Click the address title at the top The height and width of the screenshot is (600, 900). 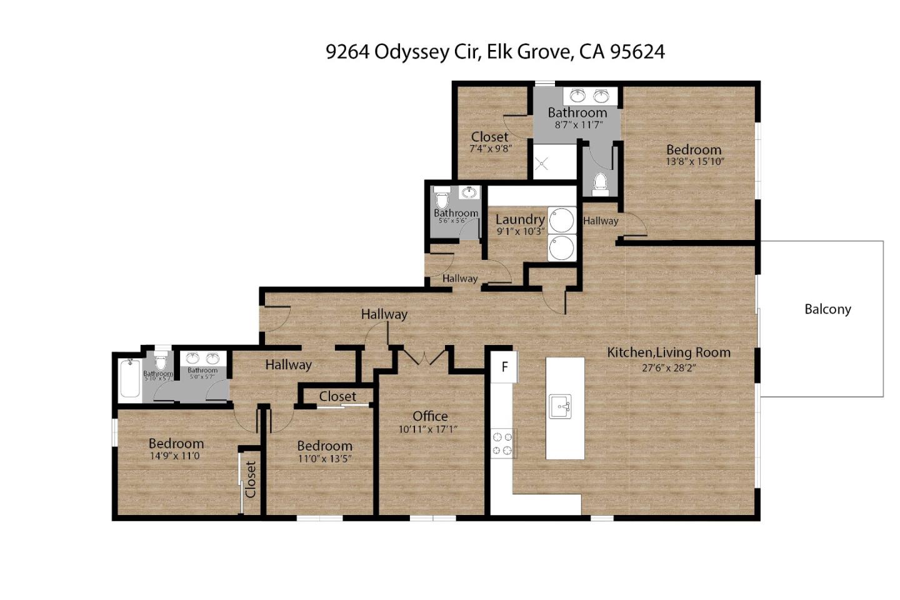[x=495, y=51]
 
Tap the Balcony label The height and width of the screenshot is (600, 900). [x=827, y=309]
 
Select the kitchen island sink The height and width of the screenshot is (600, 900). [x=564, y=406]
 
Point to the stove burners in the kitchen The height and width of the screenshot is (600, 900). [x=502, y=443]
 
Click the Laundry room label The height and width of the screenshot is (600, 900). [x=519, y=219]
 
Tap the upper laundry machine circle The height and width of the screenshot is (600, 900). [x=561, y=220]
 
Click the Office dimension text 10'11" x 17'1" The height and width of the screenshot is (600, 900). [x=430, y=429]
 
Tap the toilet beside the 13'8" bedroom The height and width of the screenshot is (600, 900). [x=601, y=181]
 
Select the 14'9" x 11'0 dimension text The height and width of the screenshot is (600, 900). [x=174, y=456]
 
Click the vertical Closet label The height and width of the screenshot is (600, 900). [x=251, y=479]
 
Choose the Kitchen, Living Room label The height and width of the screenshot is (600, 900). [x=669, y=352]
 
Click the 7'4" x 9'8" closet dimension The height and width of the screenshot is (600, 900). [x=491, y=149]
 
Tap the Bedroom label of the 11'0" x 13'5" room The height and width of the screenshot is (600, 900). [x=324, y=446]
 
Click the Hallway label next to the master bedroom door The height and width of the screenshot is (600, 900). [x=601, y=221]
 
